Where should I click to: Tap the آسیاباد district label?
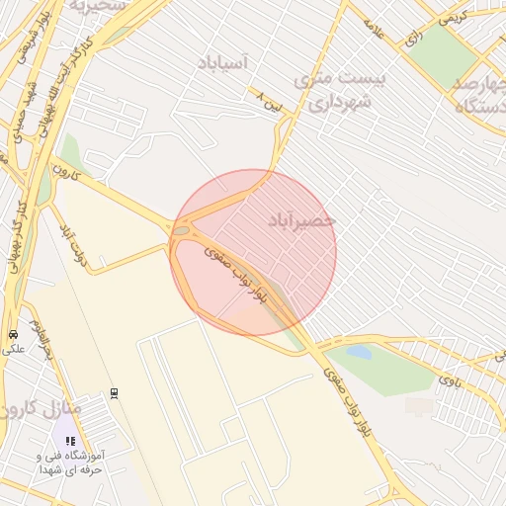223,62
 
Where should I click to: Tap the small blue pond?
359,352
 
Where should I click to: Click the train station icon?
116,393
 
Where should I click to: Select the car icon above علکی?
13,334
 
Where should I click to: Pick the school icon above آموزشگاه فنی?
69,441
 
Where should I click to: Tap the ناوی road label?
450,379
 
